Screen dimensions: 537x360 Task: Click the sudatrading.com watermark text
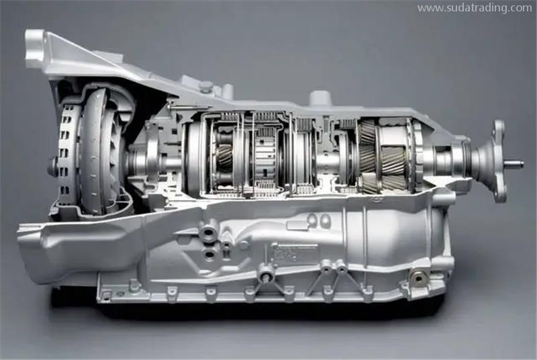click(475, 8)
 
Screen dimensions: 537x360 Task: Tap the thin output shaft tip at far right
click(515, 164)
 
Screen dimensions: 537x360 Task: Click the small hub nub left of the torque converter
click(52, 167)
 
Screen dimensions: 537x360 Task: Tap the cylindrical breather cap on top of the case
click(320, 97)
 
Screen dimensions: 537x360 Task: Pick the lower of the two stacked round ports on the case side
click(209, 254)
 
